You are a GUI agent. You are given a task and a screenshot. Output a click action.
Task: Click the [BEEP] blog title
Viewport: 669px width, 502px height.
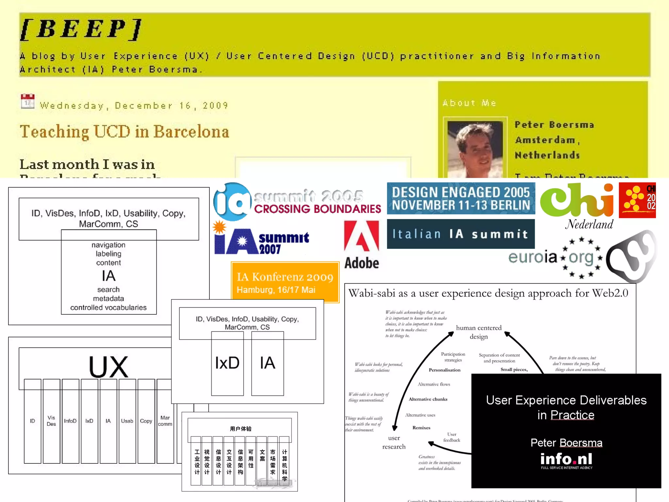point(81,29)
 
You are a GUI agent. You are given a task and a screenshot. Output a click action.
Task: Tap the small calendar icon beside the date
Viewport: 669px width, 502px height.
point(27,101)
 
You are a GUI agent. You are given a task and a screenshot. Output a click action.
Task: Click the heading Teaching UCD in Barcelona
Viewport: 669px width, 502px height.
point(124,132)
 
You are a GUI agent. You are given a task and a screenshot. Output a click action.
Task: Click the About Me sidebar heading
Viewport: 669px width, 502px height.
point(469,103)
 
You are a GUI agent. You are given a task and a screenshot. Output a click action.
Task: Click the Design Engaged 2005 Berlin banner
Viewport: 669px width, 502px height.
point(461,198)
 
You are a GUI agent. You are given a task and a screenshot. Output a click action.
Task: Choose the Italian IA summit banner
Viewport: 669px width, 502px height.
point(461,234)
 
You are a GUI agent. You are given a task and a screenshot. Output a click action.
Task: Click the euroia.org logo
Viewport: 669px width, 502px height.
point(555,258)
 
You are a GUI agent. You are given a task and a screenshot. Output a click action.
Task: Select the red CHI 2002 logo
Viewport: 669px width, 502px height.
point(637,200)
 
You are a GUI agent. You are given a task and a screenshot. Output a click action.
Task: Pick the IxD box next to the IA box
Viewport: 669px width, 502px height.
point(227,363)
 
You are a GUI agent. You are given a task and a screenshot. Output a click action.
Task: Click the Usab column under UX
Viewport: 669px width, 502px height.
point(127,421)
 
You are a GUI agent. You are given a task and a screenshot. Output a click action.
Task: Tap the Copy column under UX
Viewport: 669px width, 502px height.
point(146,421)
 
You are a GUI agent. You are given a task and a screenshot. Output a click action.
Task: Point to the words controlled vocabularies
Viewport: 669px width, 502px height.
point(108,308)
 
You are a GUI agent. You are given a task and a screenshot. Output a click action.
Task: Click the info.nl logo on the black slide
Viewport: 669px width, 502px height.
point(566,460)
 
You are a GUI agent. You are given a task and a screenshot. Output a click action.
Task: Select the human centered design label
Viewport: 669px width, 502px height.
point(479,332)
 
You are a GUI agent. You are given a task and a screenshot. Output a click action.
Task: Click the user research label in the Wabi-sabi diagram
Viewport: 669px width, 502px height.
point(394,442)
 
